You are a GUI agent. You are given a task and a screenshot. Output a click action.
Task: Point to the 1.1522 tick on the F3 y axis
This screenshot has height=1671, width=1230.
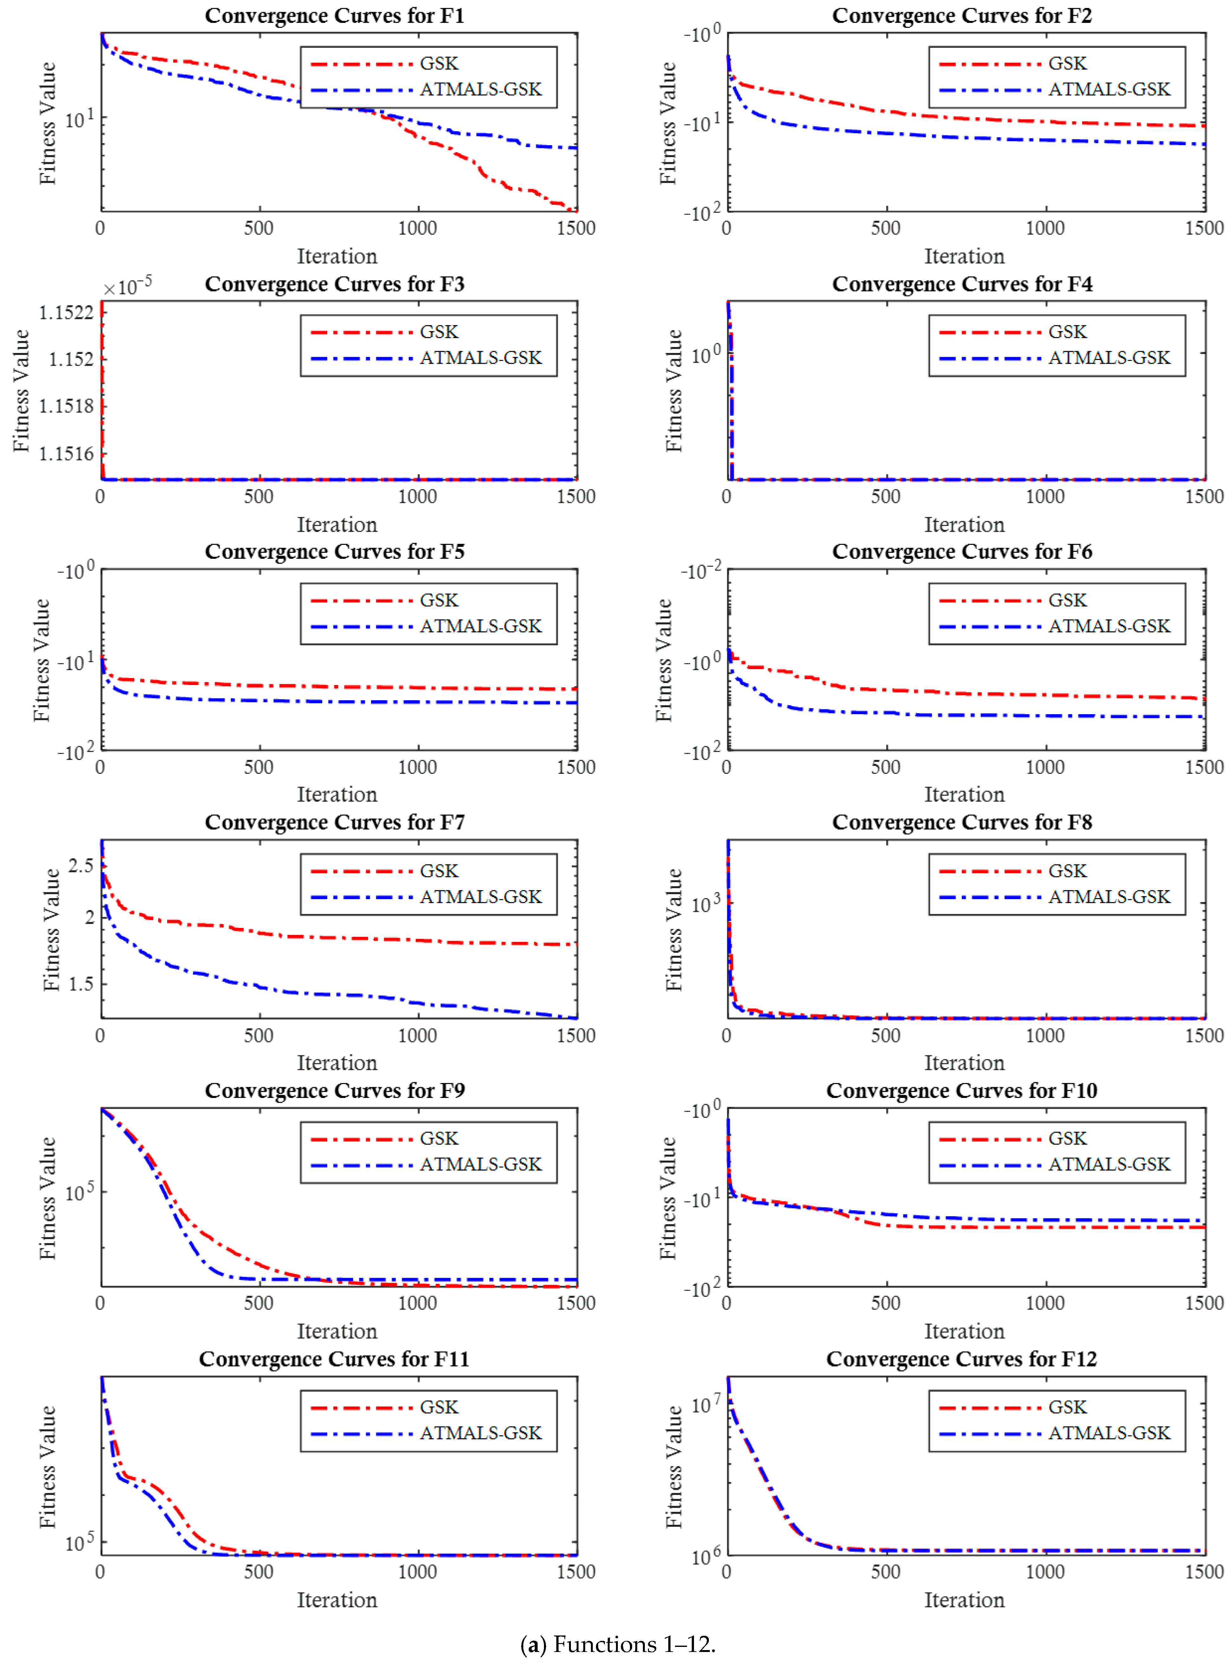tap(66, 313)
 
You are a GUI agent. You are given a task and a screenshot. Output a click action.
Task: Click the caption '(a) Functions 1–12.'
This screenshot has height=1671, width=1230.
tap(617, 1644)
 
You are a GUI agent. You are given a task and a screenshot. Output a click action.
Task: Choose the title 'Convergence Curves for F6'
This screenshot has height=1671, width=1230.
tap(962, 552)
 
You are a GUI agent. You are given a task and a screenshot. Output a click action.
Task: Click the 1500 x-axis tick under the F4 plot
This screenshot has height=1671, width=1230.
tap(1204, 496)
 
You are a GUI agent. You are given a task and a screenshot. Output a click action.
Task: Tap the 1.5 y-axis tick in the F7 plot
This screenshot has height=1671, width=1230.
tap(81, 984)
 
